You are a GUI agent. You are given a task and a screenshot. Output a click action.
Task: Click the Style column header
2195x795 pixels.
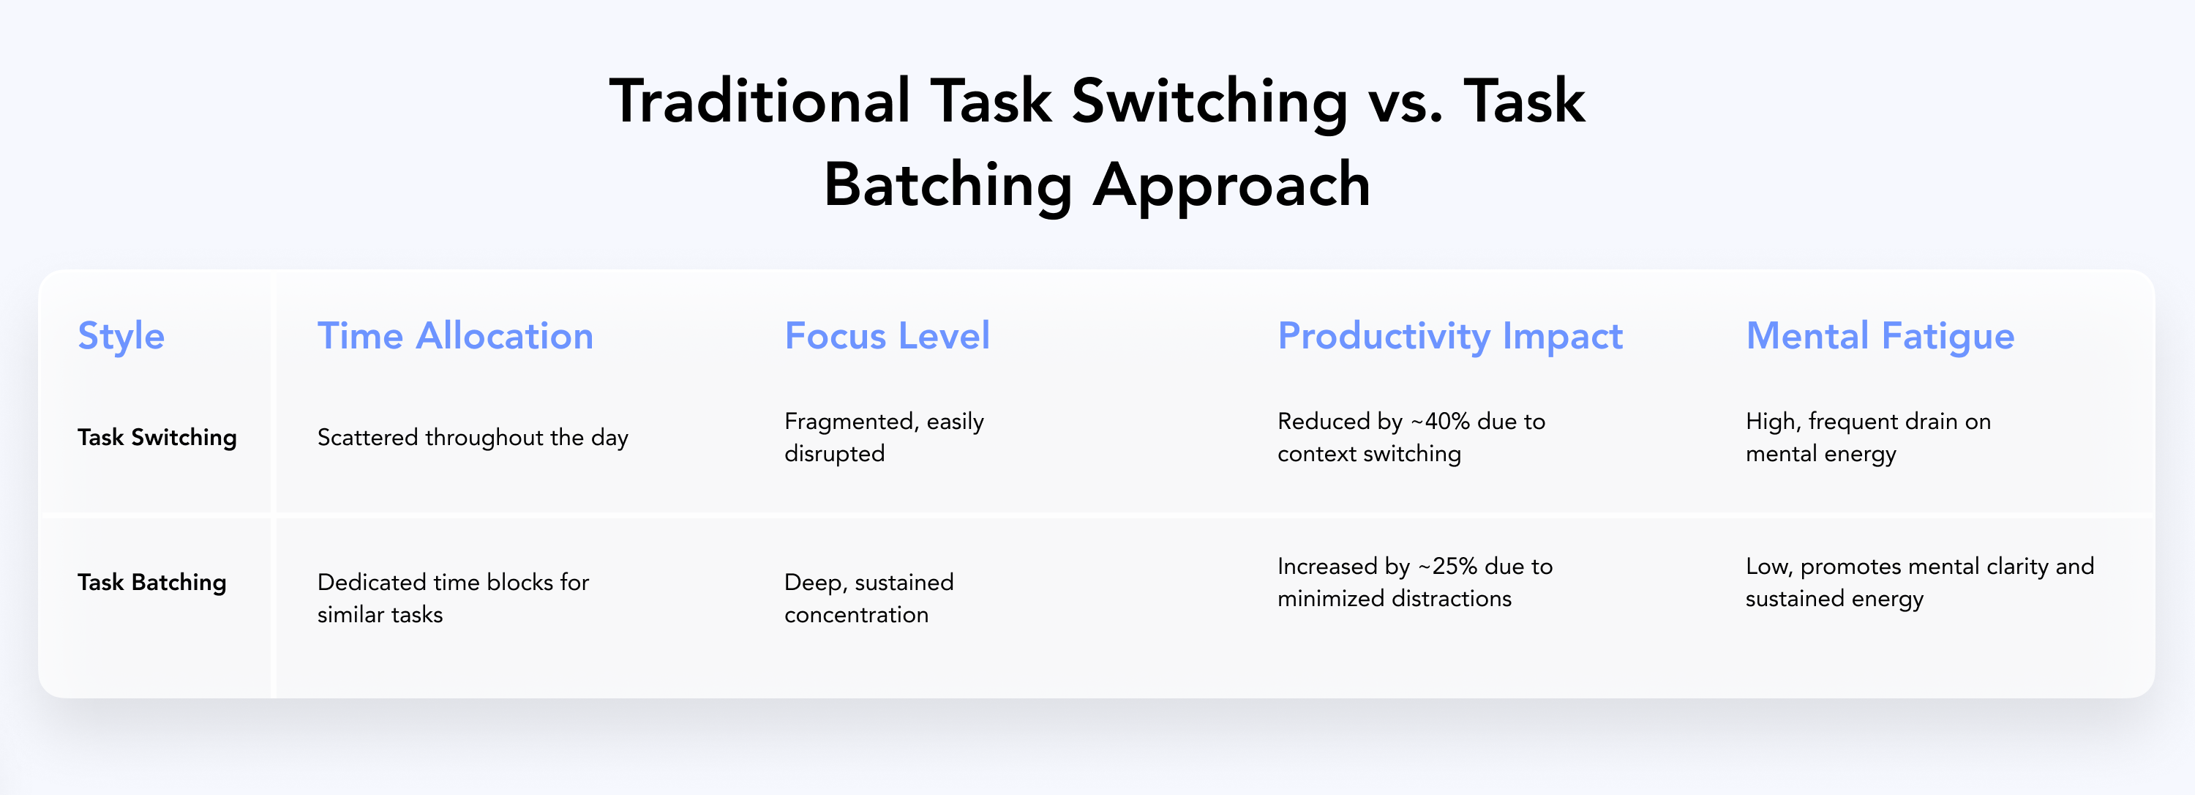point(121,337)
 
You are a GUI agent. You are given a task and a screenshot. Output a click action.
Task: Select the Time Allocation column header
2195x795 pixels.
point(455,336)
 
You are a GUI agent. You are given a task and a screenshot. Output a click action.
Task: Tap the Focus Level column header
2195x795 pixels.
point(887,336)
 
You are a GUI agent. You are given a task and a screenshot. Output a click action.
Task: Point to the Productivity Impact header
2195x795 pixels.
point(1450,337)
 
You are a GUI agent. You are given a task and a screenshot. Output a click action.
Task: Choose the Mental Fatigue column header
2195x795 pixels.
point(1880,337)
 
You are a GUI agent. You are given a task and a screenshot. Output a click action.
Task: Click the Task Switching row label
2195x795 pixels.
point(157,438)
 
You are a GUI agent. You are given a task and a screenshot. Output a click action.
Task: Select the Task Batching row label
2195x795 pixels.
point(151,583)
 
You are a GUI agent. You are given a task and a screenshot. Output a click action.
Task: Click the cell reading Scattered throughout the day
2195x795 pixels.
point(473,438)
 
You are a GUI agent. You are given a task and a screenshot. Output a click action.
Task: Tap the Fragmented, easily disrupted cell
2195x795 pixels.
point(884,437)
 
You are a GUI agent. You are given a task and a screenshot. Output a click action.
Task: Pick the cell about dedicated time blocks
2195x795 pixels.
point(452,598)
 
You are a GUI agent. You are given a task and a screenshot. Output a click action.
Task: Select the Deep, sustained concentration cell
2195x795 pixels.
point(868,598)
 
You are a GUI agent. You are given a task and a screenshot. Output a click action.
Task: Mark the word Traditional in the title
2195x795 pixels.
point(760,102)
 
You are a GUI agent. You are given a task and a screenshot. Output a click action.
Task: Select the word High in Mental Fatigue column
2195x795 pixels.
point(1772,422)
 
